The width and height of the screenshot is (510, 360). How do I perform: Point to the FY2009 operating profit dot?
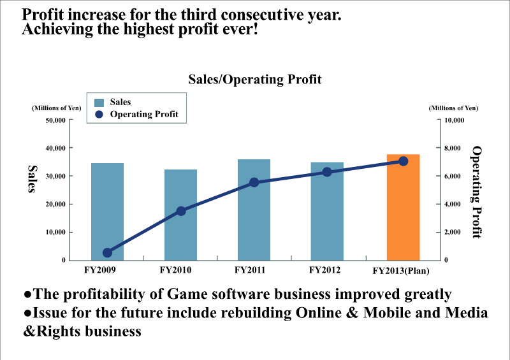107,253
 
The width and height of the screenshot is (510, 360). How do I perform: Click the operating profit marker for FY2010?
180,211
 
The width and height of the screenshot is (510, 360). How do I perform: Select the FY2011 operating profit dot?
254,182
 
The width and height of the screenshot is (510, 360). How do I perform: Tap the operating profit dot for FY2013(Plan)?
403,161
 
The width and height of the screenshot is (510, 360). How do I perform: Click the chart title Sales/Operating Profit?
254,80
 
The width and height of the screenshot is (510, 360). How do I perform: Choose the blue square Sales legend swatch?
99,102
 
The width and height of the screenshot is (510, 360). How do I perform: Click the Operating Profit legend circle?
99,115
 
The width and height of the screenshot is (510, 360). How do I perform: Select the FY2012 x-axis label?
326,270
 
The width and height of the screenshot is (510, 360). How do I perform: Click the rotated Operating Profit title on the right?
477,192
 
